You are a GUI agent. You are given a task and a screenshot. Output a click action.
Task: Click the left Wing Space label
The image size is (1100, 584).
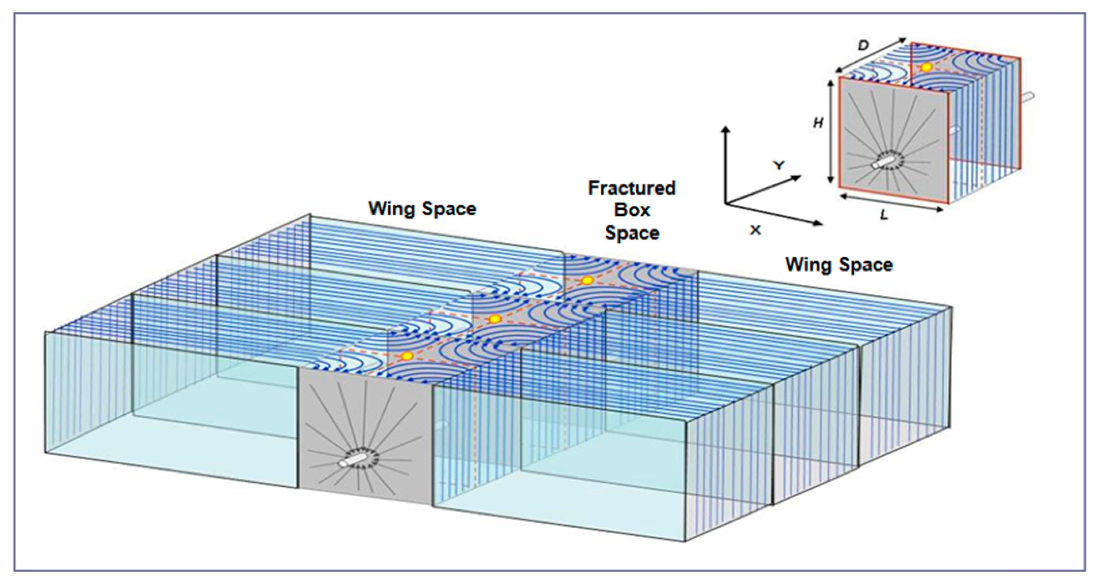(422, 209)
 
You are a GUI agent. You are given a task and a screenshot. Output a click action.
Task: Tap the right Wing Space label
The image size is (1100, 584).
(839, 265)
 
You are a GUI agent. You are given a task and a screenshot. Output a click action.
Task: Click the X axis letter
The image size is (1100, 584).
(755, 230)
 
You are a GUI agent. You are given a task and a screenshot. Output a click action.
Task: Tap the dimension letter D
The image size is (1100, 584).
(863, 45)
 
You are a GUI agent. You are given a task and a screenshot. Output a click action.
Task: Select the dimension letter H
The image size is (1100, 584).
(818, 123)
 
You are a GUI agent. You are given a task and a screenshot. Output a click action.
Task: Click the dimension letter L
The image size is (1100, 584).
(884, 216)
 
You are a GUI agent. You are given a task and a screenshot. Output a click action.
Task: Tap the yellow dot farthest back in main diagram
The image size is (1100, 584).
(587, 280)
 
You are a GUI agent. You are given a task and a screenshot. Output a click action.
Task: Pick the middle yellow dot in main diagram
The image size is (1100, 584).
(494, 319)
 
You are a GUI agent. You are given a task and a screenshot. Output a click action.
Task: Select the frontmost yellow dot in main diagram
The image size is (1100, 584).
(407, 355)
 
